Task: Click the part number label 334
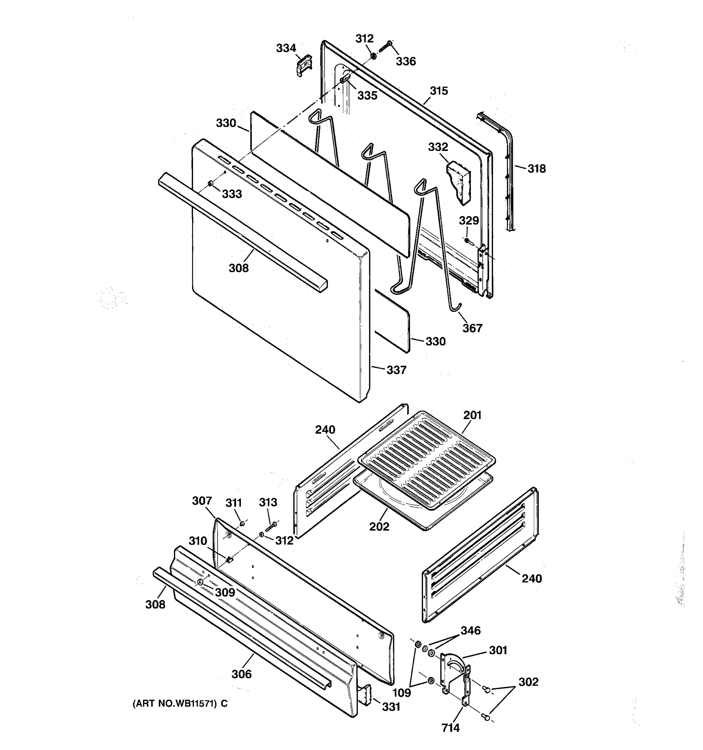point(286,48)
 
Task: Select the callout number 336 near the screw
point(406,61)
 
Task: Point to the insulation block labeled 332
point(459,181)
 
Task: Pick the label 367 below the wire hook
point(472,328)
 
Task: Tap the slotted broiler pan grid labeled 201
point(426,457)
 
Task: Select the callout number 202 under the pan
point(379,526)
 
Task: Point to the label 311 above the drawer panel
point(233,503)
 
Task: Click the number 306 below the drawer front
point(242,674)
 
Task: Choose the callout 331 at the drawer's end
point(391,707)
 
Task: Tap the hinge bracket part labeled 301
point(455,675)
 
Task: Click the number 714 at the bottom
point(450,728)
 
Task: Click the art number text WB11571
point(181,704)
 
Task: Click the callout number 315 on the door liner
point(439,91)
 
